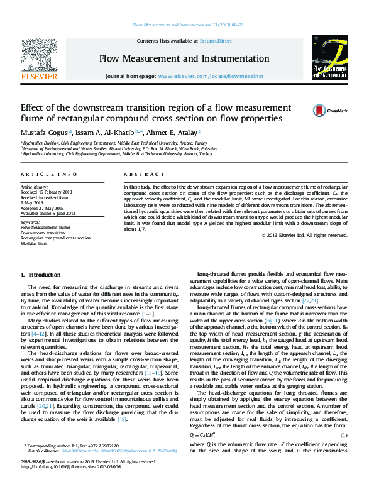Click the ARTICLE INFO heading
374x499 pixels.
[x=49, y=174]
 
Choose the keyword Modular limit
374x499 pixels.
[x=35, y=243]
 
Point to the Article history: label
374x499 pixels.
[x=35, y=187]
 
